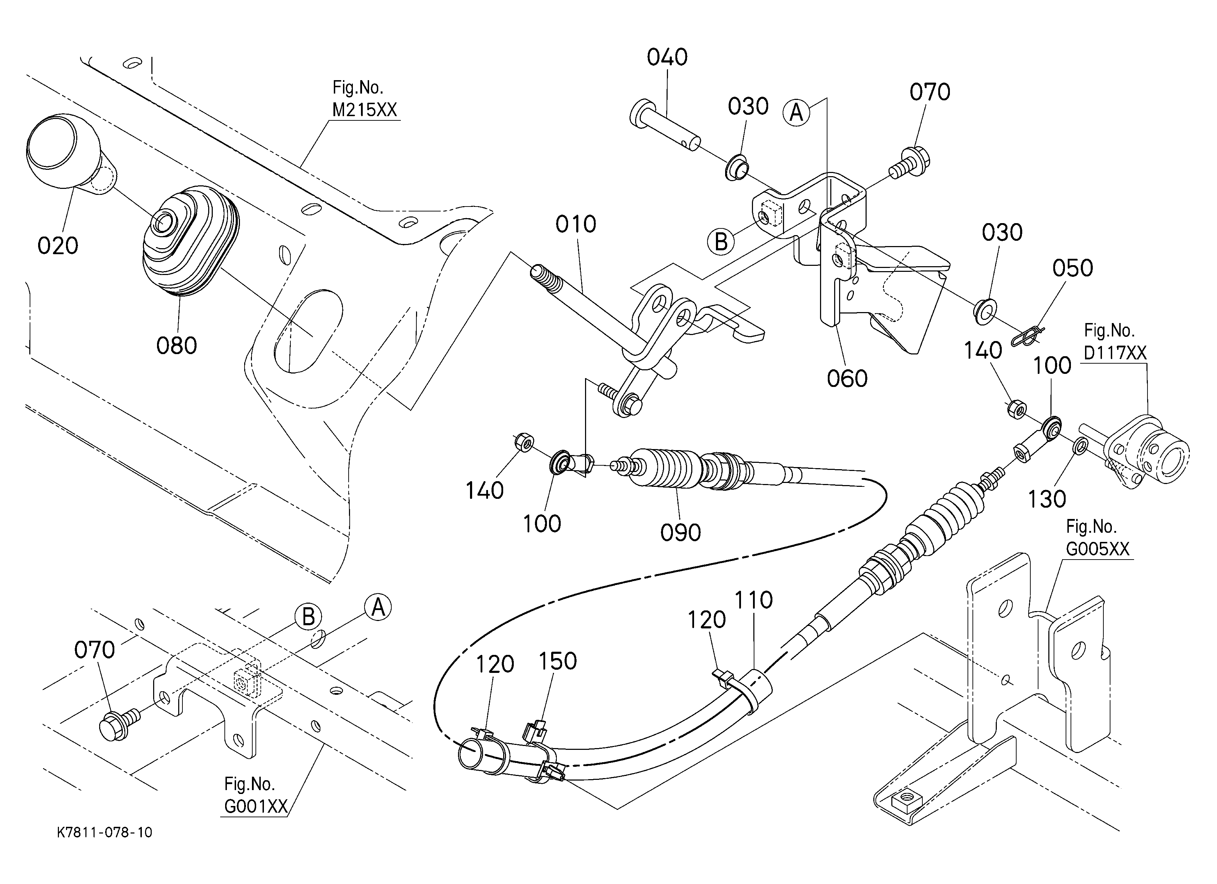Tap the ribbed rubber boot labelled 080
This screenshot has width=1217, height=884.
click(191, 240)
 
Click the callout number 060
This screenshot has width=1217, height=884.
click(847, 379)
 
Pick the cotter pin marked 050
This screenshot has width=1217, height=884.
click(1027, 337)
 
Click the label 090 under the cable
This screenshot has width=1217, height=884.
click(680, 533)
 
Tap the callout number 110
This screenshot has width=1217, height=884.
click(753, 600)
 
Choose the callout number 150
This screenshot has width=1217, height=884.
click(558, 661)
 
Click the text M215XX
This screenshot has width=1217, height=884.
click(365, 110)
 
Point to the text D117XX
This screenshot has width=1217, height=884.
click(1115, 353)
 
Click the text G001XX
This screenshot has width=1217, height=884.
click(256, 807)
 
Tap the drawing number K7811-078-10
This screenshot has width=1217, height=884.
click(105, 832)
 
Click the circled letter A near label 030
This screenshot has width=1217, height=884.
click(796, 113)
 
